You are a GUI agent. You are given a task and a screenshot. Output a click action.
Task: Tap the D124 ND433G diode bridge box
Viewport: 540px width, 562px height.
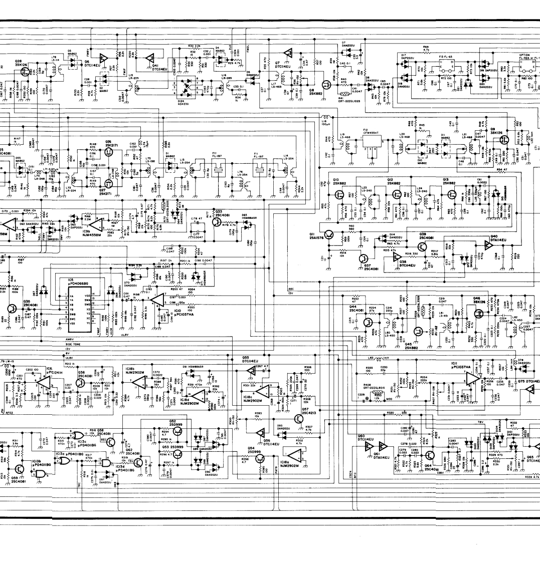[189, 89]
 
